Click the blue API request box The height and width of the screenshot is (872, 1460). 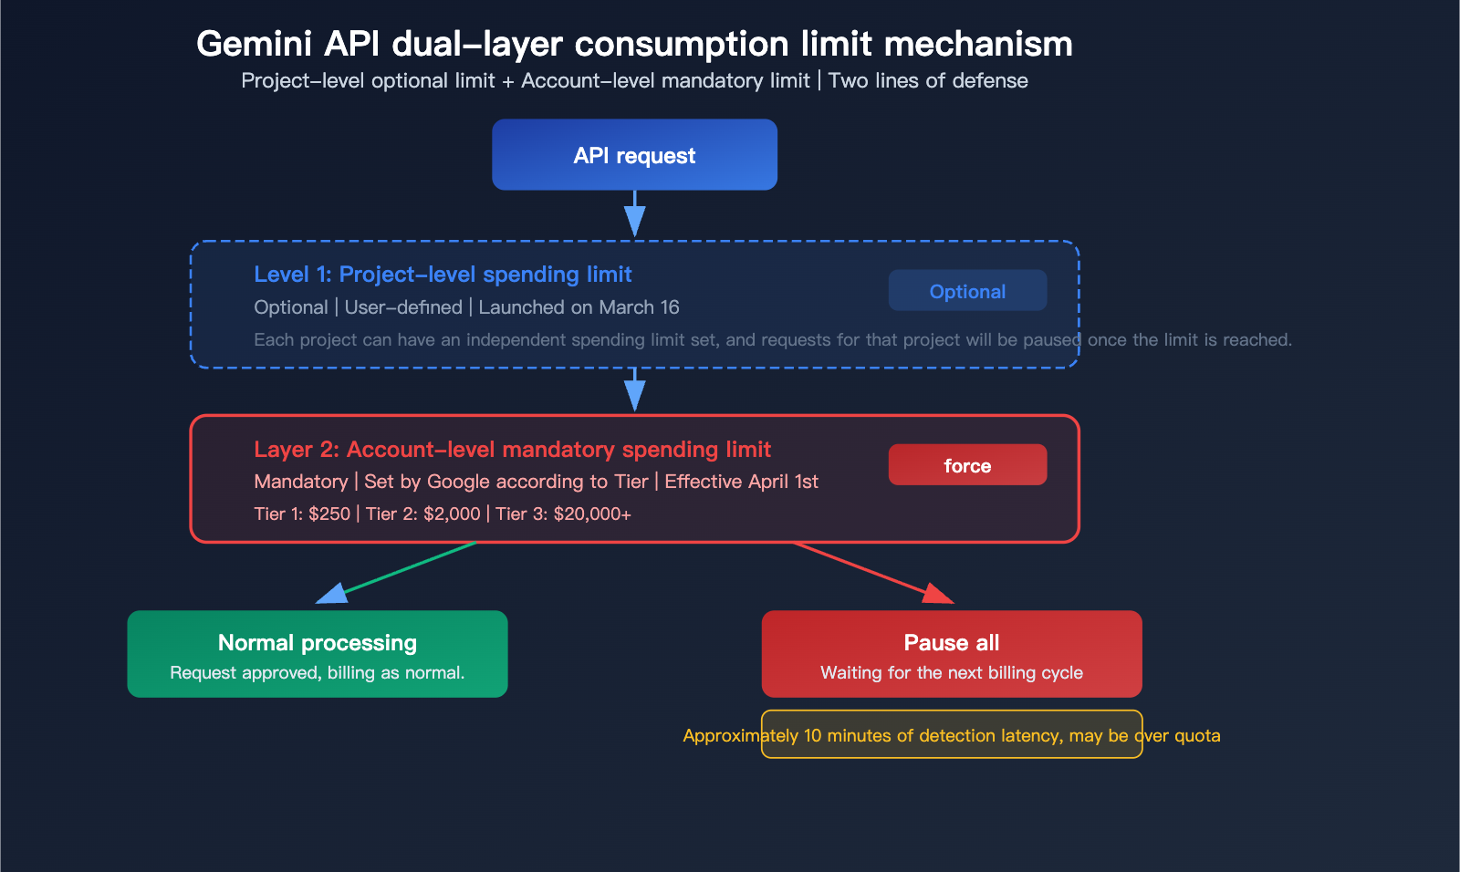point(634,155)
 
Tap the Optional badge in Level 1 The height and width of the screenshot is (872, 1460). point(967,291)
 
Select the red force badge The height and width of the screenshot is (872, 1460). point(967,465)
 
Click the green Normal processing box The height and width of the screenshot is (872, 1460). point(318,654)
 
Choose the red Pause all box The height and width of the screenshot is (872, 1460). point(952,654)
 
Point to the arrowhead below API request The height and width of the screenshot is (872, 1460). point(634,221)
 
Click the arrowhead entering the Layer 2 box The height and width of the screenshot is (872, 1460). point(634,395)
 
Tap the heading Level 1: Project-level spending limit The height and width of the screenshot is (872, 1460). point(443,275)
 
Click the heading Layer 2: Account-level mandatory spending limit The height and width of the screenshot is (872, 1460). point(512,450)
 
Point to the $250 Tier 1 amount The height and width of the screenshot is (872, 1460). point(329,514)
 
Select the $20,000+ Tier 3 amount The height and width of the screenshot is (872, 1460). point(592,514)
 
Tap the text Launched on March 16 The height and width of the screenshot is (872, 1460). point(579,307)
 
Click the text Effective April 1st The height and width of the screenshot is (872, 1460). point(741,482)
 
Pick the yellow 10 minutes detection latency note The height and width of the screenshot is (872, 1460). point(952,735)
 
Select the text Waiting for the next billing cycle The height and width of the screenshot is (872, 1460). point(952,673)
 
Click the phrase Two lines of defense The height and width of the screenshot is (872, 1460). point(928,81)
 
